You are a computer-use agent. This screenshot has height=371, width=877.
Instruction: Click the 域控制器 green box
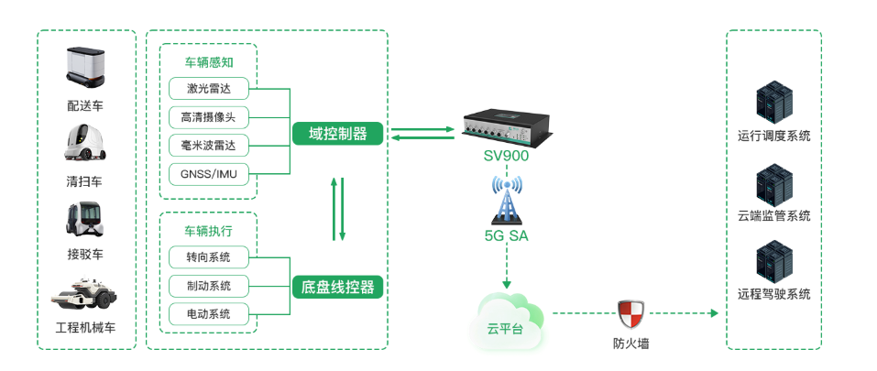point(338,134)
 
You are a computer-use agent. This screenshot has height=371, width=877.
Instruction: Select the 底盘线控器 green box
point(338,287)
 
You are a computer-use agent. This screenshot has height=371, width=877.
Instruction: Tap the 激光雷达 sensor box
point(209,89)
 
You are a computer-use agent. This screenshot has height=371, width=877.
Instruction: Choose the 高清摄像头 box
point(209,117)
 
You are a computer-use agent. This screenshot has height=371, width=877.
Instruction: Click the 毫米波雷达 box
point(209,146)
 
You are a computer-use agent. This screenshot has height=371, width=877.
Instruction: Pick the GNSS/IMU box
point(209,174)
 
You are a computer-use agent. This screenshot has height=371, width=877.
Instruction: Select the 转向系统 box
point(209,257)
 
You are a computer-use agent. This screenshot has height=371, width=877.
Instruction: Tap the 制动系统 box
point(209,286)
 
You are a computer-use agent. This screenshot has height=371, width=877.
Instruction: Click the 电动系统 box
point(209,314)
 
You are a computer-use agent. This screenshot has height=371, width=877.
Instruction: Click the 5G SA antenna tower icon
point(506,199)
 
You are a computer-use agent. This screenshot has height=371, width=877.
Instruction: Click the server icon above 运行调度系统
point(773,104)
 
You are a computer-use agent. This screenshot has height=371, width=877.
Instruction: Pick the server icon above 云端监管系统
point(773,183)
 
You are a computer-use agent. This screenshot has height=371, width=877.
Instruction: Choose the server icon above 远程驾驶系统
point(773,261)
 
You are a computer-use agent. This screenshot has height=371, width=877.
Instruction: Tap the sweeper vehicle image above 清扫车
point(85,143)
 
